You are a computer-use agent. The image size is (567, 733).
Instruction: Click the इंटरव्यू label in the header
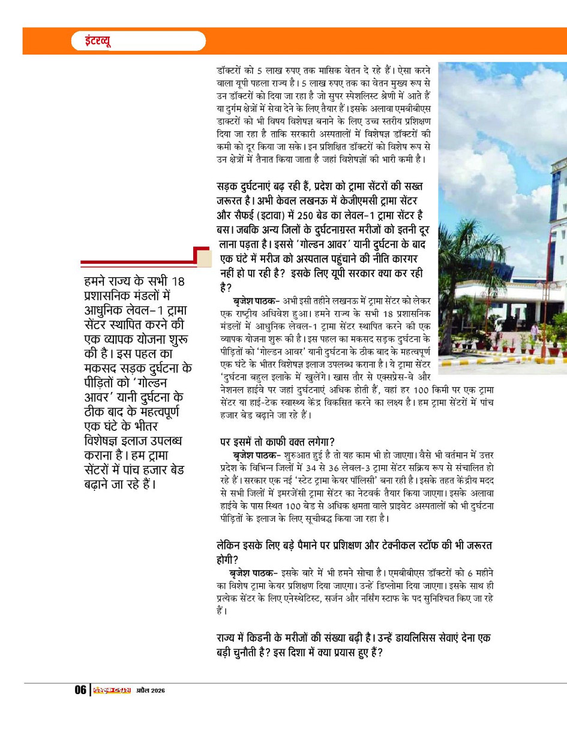[x=91, y=41]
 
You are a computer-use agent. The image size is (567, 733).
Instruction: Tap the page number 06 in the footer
[x=80, y=690]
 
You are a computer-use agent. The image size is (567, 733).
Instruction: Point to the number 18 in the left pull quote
[x=179, y=281]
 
